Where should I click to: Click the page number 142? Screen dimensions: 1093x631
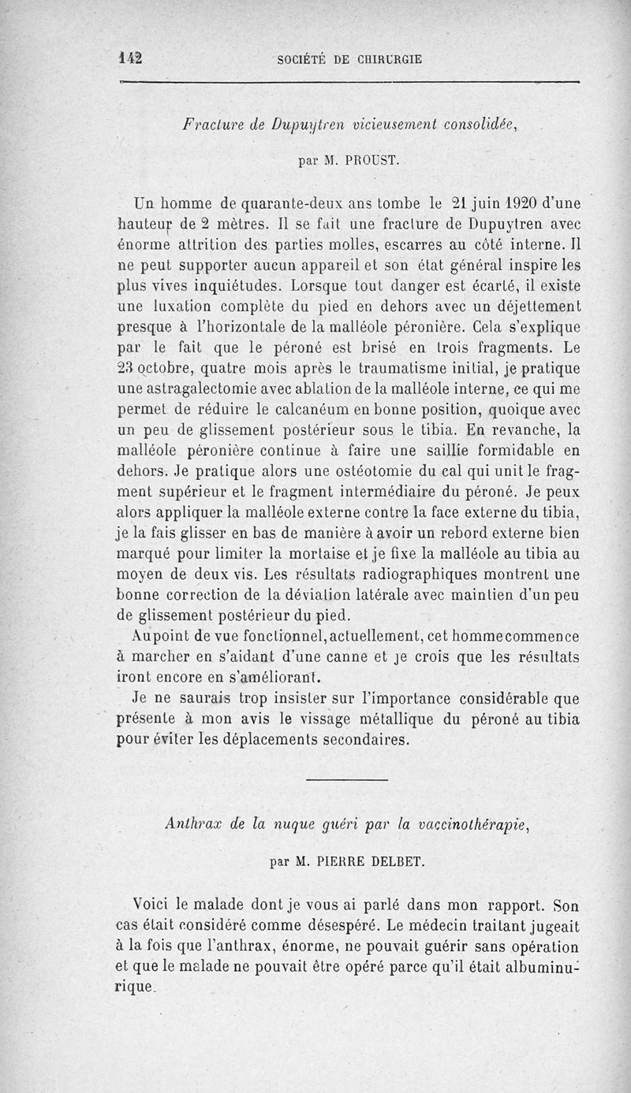(129, 58)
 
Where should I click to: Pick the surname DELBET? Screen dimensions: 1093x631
(398, 861)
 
